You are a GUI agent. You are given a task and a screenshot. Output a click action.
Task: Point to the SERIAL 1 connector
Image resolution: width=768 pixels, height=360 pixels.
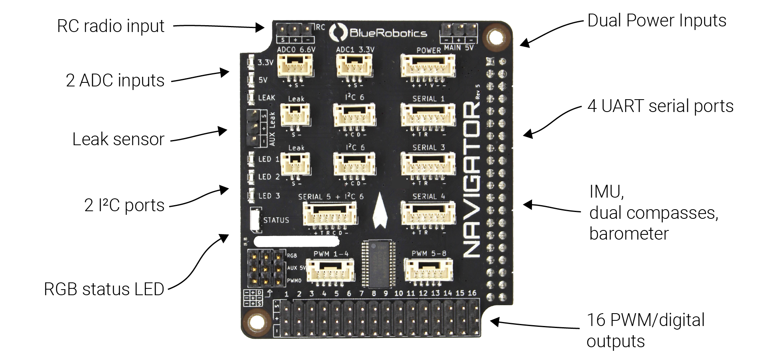tap(428, 116)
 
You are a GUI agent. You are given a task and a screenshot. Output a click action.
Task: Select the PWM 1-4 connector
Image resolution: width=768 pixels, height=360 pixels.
tap(330, 270)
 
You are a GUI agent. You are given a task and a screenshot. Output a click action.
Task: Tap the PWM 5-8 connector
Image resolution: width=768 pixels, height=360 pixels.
tap(428, 270)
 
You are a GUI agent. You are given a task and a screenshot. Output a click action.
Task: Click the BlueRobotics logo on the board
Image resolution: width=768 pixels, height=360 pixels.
tap(378, 32)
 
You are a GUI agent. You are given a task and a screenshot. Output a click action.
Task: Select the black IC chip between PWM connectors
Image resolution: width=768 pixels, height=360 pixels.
tap(379, 264)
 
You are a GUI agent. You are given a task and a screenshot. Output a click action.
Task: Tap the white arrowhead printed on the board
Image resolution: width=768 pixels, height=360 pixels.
tap(380, 212)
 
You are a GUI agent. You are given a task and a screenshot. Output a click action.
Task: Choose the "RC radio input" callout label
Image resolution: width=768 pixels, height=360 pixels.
tap(111, 26)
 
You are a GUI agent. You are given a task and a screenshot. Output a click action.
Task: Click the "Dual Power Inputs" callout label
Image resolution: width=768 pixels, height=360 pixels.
tap(657, 21)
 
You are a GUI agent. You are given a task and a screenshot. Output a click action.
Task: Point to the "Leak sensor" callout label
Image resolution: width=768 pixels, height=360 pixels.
tap(118, 140)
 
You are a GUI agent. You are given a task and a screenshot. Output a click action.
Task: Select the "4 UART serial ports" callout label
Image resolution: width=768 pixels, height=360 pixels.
tap(660, 106)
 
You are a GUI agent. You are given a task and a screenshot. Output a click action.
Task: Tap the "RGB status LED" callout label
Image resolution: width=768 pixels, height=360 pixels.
tap(104, 289)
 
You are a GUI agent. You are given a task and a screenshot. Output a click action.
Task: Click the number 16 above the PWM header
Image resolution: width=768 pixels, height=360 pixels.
tap(472, 293)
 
